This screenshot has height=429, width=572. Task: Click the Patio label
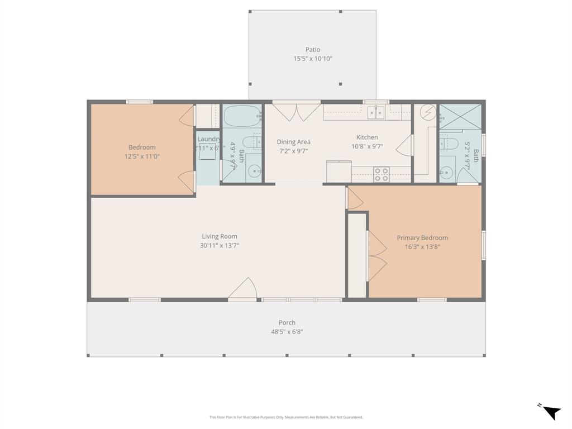313,50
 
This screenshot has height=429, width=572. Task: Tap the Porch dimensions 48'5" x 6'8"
287,332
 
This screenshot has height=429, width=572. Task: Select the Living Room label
220,236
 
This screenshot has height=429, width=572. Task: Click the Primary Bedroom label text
422,237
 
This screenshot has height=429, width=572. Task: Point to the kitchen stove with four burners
382,175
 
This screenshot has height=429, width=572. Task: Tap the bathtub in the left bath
242,117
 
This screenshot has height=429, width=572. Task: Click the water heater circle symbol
427,112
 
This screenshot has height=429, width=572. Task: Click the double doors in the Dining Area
296,112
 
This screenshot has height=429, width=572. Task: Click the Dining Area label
293,142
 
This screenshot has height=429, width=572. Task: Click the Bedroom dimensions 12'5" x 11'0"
142,156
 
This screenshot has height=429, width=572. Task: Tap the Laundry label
208,139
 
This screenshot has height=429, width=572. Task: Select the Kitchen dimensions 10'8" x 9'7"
367,146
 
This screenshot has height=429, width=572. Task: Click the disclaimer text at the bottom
286,417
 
